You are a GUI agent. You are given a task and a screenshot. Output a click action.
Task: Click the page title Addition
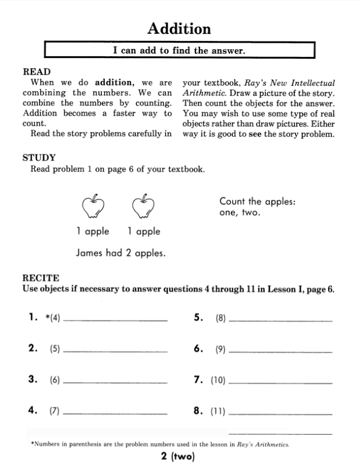(179, 28)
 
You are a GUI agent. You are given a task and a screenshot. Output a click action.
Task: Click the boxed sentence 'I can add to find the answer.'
(179, 50)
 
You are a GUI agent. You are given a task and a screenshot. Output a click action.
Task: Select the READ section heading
(36, 71)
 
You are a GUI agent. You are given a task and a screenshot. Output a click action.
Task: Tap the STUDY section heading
(38, 158)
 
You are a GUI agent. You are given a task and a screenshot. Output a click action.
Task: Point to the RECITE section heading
(40, 277)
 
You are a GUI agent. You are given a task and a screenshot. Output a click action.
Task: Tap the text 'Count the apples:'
(257, 201)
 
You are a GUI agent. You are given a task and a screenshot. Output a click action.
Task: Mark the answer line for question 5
(280, 319)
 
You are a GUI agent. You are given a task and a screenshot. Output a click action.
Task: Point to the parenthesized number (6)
(55, 380)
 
